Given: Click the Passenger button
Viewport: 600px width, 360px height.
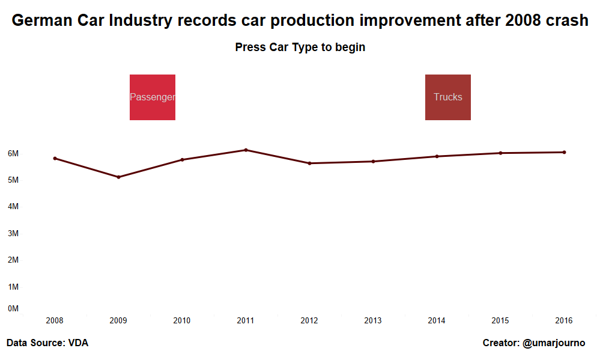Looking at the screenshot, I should point(152,97).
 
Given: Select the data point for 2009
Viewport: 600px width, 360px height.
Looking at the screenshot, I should point(118,177).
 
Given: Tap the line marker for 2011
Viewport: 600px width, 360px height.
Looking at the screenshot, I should point(246,150).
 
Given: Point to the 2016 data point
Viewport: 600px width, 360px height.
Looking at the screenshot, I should point(564,152).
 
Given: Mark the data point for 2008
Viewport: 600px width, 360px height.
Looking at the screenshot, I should point(55,158).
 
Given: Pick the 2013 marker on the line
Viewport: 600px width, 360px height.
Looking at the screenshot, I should point(373,161).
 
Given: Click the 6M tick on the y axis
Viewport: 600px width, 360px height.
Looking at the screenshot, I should point(13,153).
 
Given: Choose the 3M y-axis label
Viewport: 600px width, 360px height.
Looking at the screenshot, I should point(13,233).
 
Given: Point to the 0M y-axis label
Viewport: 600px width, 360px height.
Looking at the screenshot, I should point(13,309).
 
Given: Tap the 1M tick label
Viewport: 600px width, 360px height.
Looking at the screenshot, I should point(13,287).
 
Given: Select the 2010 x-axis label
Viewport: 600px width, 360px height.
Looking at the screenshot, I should point(182,321).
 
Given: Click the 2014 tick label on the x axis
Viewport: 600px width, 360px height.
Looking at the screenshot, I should point(437,321).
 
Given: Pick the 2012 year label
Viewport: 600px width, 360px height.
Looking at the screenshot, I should point(309,321).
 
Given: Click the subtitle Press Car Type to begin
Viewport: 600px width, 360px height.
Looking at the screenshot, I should point(300,47).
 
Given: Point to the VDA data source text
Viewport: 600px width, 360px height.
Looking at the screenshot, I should point(78,343).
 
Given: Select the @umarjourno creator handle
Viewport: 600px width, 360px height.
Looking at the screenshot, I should point(554,343).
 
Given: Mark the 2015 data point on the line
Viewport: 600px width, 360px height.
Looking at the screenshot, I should point(500,153).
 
